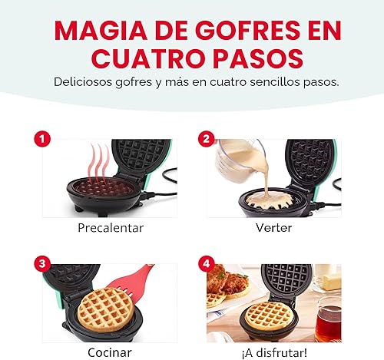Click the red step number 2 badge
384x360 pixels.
click(205, 139)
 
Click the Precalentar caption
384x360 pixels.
click(110, 228)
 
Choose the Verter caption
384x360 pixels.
click(273, 228)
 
